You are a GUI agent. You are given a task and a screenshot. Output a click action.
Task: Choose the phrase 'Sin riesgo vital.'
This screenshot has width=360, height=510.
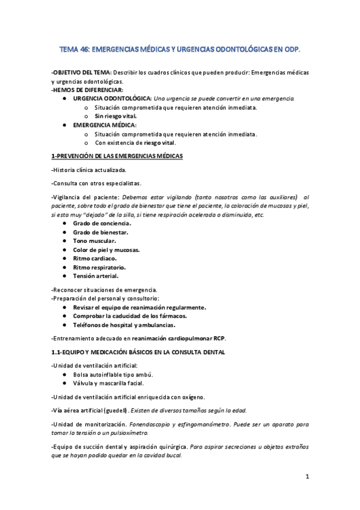tap(116, 115)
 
